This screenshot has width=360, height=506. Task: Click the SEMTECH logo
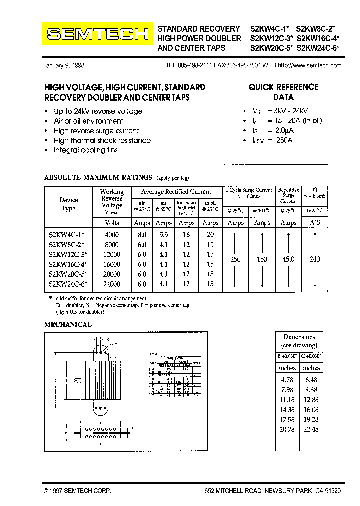(98, 34)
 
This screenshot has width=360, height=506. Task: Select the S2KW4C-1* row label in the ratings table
(68, 235)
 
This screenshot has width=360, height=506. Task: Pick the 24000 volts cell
(112, 284)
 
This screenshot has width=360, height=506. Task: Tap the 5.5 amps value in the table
(164, 235)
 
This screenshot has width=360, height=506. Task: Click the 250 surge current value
(235, 260)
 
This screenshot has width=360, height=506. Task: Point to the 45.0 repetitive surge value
(288, 260)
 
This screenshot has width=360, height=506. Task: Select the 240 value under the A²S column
(315, 260)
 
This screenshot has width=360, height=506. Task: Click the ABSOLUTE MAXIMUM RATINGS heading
(98, 177)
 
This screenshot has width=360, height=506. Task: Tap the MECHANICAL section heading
(68, 324)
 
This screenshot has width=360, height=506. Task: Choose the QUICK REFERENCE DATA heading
(283, 92)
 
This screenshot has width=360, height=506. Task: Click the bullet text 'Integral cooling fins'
(85, 150)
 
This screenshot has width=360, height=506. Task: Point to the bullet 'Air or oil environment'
(88, 121)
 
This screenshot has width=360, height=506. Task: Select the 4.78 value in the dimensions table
(287, 380)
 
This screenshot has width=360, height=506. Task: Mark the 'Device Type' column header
(68, 204)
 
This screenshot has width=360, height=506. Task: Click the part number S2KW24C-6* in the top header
(318, 48)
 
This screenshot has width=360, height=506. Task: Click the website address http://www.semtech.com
(309, 65)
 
